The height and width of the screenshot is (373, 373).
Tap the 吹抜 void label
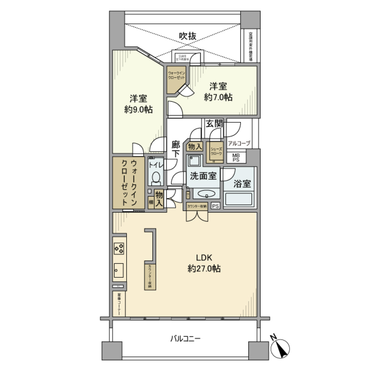[187, 36]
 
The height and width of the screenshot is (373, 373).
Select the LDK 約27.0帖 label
[204, 263]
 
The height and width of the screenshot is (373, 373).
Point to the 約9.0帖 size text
[138, 110]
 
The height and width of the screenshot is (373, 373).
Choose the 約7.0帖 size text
[218, 97]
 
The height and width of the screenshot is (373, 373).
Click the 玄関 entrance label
[214, 124]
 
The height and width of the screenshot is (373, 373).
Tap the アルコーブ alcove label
[239, 143]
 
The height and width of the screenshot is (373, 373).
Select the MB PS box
[236, 157]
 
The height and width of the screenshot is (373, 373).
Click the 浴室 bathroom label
[242, 185]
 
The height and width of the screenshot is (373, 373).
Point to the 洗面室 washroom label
[202, 176]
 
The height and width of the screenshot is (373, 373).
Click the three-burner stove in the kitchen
[119, 248]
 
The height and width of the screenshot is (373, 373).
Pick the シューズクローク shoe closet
[216, 152]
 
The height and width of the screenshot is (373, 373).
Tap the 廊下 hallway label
[176, 149]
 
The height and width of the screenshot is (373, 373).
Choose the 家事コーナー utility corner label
[119, 304]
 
